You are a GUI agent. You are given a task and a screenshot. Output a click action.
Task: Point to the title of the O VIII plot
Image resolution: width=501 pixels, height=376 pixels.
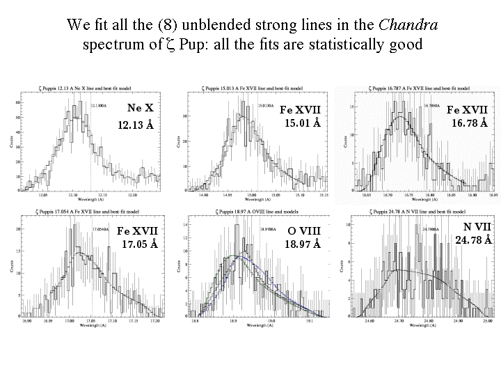click(255, 210)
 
